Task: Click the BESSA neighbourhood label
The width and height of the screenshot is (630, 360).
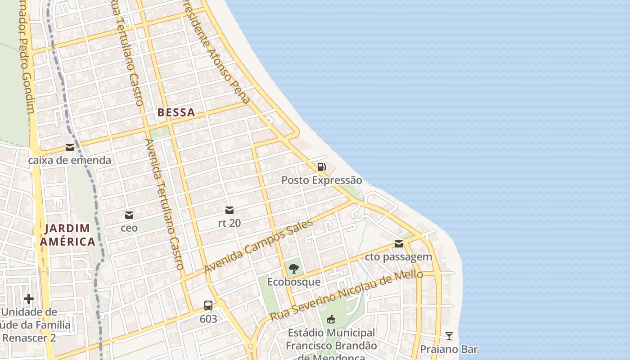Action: (176, 112)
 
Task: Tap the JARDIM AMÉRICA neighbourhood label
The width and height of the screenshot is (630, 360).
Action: (67, 235)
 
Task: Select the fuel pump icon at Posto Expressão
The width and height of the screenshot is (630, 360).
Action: (321, 167)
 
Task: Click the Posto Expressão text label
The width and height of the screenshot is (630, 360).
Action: (321, 180)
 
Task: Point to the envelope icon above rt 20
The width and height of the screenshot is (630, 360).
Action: (229, 210)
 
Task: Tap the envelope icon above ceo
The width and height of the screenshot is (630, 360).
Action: (129, 215)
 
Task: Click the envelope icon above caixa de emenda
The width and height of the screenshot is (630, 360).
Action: (70, 147)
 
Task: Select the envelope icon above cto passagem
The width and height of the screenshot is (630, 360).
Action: (399, 244)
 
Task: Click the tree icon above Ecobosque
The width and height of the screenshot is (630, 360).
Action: (294, 269)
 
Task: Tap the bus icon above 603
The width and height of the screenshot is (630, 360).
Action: (208, 306)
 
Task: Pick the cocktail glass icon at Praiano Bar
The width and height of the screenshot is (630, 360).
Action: (449, 336)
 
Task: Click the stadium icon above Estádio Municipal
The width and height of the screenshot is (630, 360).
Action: (331, 319)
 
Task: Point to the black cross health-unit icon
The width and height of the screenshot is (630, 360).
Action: (29, 298)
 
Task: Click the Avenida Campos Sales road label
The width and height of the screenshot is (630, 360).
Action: (258, 246)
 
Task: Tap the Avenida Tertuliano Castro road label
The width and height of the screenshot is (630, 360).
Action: (164, 204)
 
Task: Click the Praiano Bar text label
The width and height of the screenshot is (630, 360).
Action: (449, 349)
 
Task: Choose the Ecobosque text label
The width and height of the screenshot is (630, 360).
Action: (294, 282)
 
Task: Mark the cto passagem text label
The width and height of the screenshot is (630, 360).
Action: (399, 257)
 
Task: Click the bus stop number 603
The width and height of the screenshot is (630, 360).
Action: (208, 319)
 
